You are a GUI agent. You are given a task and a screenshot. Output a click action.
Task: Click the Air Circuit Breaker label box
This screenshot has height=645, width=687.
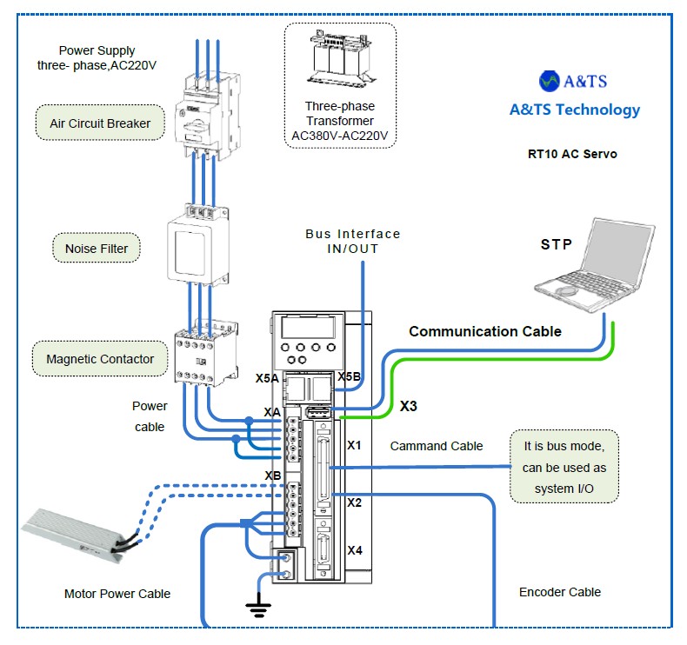[x=100, y=123]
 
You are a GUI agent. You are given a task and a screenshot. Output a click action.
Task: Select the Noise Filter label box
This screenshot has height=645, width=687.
[x=97, y=249]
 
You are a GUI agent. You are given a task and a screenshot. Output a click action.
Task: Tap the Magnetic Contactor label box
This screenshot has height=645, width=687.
[x=100, y=358]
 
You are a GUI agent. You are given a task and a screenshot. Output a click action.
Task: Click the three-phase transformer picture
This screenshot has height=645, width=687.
[x=340, y=62]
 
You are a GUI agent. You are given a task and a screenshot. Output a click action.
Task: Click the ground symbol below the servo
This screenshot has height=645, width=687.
[x=258, y=607]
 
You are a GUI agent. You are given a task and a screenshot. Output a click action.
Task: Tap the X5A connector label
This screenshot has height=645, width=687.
[x=267, y=379]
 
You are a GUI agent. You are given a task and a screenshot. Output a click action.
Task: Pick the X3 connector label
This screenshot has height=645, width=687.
[x=409, y=406]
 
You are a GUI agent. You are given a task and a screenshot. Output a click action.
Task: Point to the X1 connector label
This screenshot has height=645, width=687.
[x=354, y=445]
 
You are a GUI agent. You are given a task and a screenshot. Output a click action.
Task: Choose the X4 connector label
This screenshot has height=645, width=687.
[x=355, y=549]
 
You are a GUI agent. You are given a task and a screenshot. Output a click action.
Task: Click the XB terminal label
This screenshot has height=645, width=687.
[x=273, y=475]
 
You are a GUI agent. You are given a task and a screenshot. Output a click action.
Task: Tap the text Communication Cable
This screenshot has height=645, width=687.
[x=485, y=331]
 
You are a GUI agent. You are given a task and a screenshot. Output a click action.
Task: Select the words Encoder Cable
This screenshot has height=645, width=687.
[x=560, y=592]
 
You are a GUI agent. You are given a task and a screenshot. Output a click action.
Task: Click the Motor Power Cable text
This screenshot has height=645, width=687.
[x=117, y=594]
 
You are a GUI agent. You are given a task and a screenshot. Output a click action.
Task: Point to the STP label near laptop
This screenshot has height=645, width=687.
[x=557, y=244]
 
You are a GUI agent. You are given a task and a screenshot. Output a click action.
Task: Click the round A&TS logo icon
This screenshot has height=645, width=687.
[x=550, y=81]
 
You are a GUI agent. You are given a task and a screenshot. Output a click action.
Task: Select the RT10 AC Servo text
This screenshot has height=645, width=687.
[x=572, y=154]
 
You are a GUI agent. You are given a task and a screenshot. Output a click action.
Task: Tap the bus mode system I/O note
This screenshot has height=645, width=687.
[x=564, y=466]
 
